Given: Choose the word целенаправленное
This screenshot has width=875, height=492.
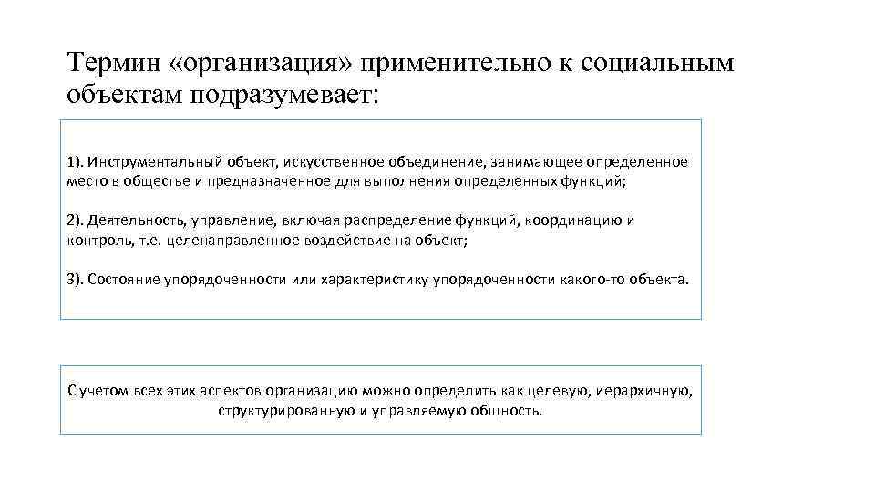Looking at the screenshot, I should pyautogui.click(x=224, y=241).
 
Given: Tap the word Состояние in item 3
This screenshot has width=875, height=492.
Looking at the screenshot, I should pyautogui.click(x=120, y=280).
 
